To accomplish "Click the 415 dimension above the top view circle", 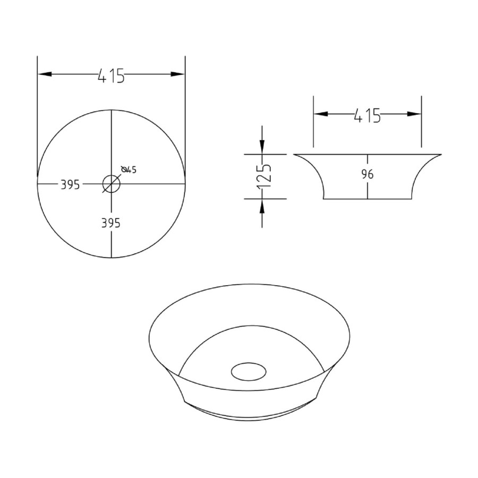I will (111, 76).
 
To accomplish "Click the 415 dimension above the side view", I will (367, 115).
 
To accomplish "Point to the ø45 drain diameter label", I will (130, 169).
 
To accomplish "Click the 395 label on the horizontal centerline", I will (70, 184).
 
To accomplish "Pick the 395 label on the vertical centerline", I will (111, 223).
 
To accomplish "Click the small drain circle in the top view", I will (112, 184).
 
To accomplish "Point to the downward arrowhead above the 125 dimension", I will (262, 146).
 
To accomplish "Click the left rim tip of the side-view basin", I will (295, 155).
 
